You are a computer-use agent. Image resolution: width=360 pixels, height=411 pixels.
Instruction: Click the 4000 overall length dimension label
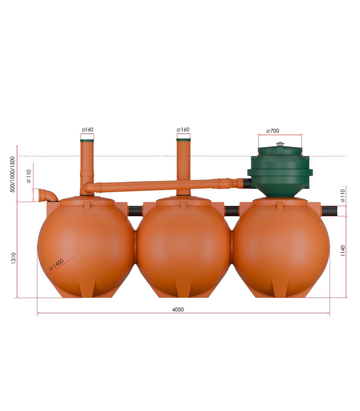click(178, 309)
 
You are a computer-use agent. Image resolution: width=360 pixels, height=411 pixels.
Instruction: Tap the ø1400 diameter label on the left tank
click(56, 264)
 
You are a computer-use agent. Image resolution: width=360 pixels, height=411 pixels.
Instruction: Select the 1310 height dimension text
click(14, 258)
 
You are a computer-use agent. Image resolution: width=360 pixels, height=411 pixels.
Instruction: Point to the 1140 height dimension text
click(343, 251)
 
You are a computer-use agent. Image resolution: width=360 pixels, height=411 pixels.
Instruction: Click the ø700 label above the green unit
click(273, 131)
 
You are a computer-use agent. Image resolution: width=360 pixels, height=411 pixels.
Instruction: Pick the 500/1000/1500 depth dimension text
click(13, 175)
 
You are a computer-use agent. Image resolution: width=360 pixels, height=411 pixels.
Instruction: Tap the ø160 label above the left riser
click(87, 129)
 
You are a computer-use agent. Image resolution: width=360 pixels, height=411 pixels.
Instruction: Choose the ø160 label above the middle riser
click(183, 129)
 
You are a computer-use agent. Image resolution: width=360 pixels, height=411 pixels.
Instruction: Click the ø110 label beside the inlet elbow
click(29, 176)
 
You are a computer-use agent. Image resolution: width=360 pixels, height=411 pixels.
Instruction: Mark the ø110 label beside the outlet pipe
click(343, 196)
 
